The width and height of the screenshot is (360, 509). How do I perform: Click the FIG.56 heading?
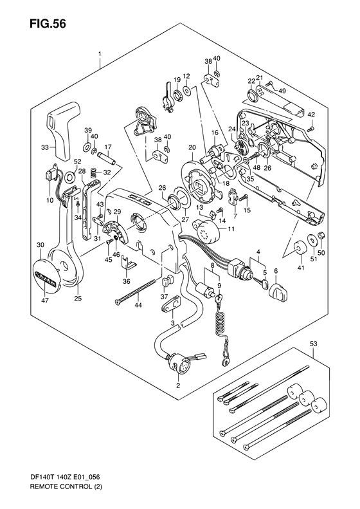(48, 23)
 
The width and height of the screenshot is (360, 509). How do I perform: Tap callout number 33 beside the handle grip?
(45, 148)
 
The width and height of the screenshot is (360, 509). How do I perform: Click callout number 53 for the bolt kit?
(314, 344)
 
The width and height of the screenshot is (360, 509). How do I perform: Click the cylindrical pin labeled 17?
(107, 159)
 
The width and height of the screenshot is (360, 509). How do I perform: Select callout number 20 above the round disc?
(192, 147)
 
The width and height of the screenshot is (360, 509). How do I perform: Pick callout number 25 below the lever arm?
(79, 299)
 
